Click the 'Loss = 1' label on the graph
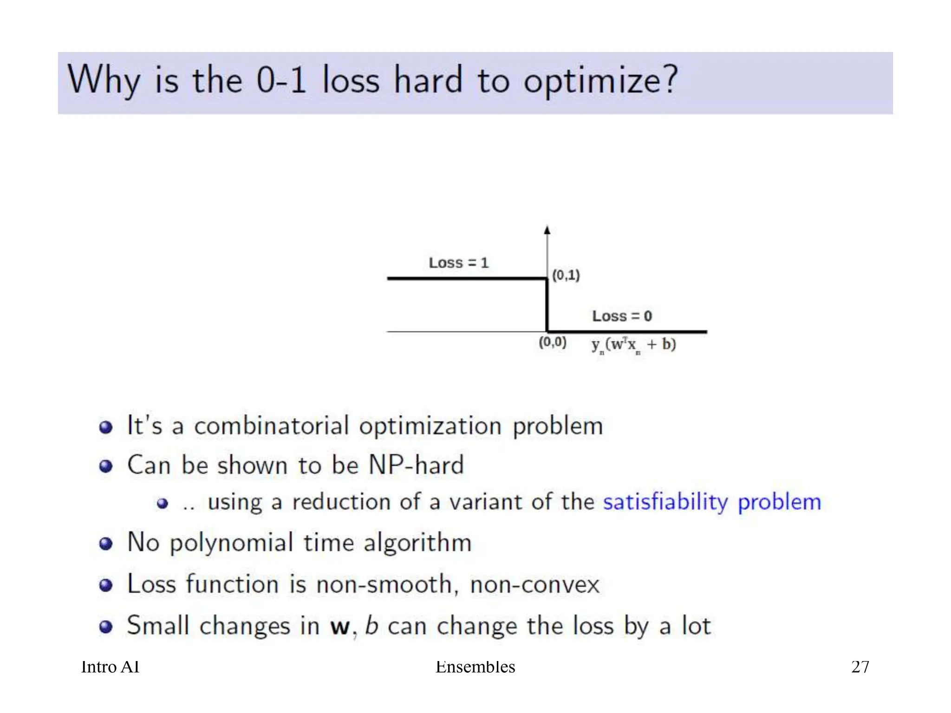click(458, 263)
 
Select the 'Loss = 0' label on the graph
click(622, 316)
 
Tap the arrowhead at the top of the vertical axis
click(547, 230)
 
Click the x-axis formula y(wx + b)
click(633, 345)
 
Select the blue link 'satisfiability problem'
click(712, 502)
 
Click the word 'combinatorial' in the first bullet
click(271, 426)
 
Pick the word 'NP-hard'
click(416, 465)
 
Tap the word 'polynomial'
click(231, 543)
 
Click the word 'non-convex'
click(534, 584)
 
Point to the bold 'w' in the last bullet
click(339, 627)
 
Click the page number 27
click(860, 667)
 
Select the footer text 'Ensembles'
click(475, 667)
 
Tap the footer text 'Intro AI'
click(110, 667)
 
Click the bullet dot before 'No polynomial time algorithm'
click(106, 544)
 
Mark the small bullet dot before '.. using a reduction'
click(162, 504)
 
